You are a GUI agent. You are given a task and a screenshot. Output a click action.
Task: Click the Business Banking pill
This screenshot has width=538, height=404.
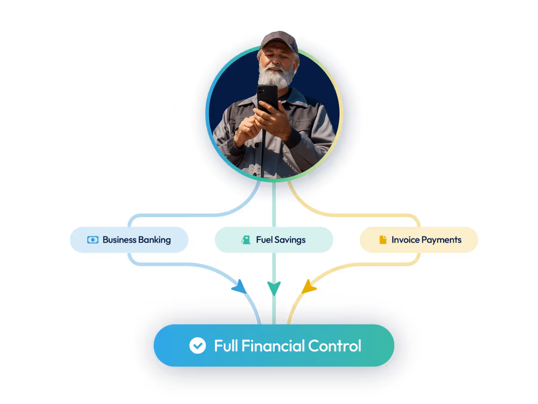129,240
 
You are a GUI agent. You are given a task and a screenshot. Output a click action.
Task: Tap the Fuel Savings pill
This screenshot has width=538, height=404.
273,240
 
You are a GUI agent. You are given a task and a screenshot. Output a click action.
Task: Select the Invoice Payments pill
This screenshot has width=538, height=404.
419,240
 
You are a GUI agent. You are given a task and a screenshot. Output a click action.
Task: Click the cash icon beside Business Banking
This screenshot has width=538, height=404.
92,240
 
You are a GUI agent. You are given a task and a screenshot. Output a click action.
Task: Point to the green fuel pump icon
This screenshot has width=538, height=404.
246,240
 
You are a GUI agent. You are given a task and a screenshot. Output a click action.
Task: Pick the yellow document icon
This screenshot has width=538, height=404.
382,240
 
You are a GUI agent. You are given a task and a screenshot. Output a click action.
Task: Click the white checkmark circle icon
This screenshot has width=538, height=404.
197,346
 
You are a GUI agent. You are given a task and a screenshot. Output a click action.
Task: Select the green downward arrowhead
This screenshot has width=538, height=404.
274,287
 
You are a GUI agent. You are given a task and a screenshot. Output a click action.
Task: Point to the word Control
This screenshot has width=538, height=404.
334,346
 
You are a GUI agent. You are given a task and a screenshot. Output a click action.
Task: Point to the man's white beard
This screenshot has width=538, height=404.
276,77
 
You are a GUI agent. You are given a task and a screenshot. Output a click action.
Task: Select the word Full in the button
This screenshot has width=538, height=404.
226,346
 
